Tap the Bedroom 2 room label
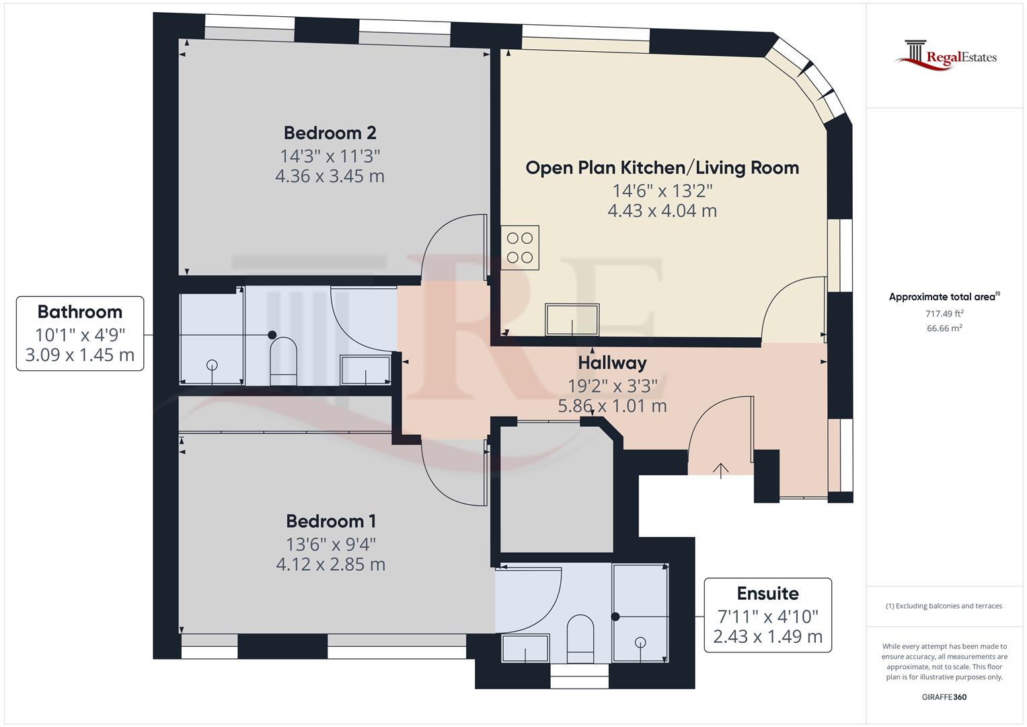[330, 133]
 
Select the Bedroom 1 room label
[330, 521]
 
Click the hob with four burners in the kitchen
[520, 247]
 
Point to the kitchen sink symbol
[572, 319]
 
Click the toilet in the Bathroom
[283, 361]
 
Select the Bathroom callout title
[80, 312]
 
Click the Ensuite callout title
[767, 594]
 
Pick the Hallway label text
[612, 363]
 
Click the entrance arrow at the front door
[721, 470]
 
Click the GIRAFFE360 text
[944, 697]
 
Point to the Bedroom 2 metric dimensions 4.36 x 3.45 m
[330, 176]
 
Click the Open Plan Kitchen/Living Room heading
[662, 168]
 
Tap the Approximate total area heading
[944, 297]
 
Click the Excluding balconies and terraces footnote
[944, 606]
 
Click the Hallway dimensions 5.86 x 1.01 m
[612, 406]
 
